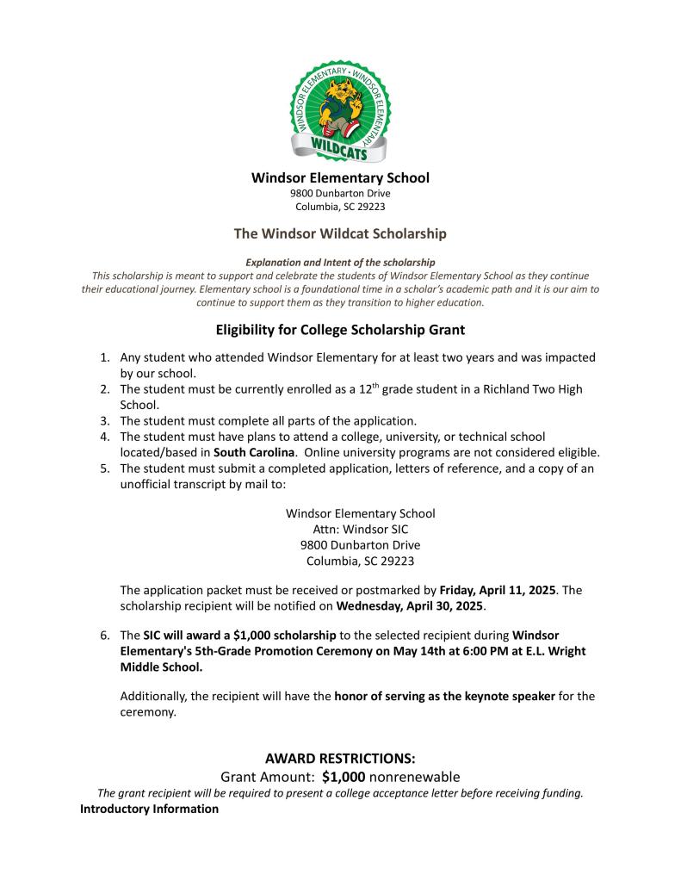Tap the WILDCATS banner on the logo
coord(340,152)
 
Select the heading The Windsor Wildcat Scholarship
coord(340,233)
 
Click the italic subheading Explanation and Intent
coord(340,262)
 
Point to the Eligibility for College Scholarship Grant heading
coord(340,329)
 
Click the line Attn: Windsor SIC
coord(360,530)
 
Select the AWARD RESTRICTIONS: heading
coord(340,759)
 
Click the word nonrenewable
coord(414,777)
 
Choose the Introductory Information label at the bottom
coord(149,810)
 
